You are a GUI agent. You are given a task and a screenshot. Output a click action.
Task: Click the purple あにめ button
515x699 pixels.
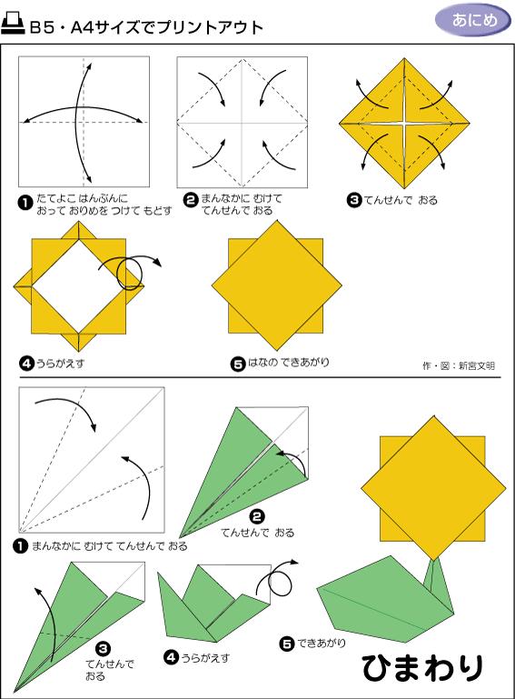[x=467, y=20]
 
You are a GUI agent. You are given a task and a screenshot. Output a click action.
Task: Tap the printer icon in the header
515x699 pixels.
[x=15, y=26]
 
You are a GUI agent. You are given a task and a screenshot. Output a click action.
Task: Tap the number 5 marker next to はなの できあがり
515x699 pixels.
[x=238, y=364]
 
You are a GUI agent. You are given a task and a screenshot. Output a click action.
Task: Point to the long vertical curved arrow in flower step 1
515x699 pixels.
[x=84, y=121]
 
